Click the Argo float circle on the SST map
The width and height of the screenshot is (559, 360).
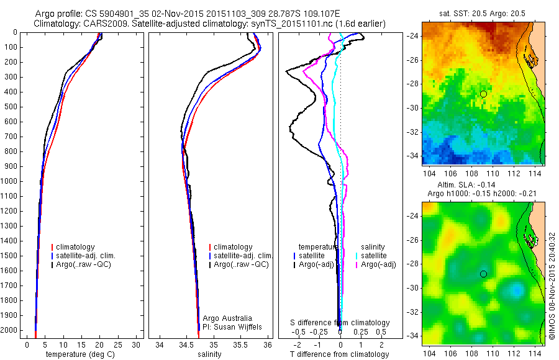pos(483,94)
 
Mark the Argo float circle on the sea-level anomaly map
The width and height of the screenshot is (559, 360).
pos(483,274)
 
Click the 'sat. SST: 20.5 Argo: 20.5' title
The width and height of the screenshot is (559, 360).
pos(482,14)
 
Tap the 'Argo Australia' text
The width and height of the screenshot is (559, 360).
pos(229,318)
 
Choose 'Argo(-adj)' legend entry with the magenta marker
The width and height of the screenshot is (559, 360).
pos(379,264)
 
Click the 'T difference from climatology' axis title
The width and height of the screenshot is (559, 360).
pos(340,354)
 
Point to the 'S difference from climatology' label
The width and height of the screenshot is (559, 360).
pos(340,323)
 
